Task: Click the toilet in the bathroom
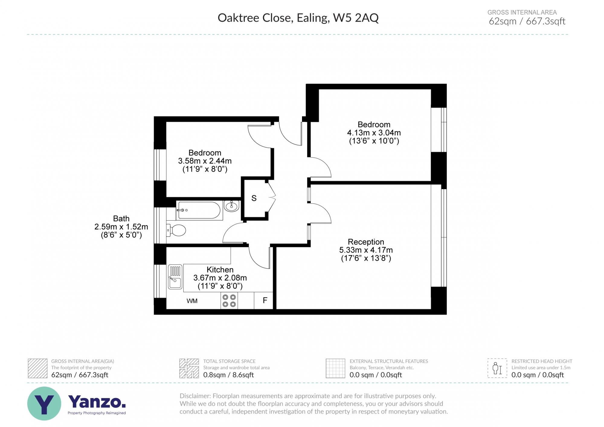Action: (176, 231)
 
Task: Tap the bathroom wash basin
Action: (232, 206)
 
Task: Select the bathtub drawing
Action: (199, 210)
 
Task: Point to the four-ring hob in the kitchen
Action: (229, 301)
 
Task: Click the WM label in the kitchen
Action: (192, 301)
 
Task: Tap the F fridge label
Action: (265, 300)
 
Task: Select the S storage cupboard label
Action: (254, 198)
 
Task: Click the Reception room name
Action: (366, 242)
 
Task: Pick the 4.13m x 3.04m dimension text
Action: (374, 133)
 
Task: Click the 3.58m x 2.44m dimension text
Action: (205, 161)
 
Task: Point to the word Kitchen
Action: (220, 269)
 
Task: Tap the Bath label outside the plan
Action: (121, 218)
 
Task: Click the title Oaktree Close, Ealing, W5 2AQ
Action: (298, 18)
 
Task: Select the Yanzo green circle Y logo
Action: (44, 403)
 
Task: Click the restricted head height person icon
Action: (497, 368)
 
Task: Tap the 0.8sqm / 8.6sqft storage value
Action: (228, 375)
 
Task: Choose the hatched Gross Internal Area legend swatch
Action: (38, 368)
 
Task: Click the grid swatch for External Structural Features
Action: (335, 368)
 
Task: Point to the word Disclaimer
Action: (195, 396)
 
